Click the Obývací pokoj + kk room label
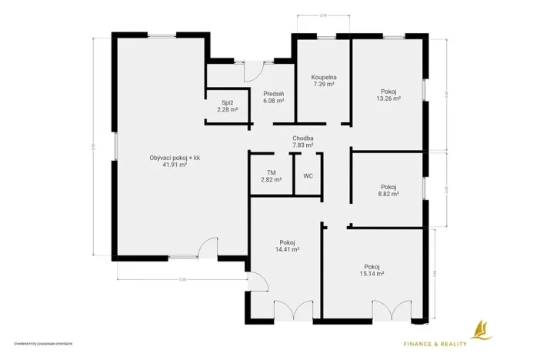point(175,158)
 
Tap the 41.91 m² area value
point(175,165)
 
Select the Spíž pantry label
point(227,102)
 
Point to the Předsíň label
point(274,93)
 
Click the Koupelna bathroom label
point(323,78)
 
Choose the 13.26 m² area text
point(388,98)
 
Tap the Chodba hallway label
point(302,138)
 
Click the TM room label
point(271,173)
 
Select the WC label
point(308,176)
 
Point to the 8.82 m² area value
point(388,194)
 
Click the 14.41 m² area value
point(287,249)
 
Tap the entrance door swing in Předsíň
point(250,72)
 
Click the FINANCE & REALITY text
point(436,343)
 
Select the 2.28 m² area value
point(227,109)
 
